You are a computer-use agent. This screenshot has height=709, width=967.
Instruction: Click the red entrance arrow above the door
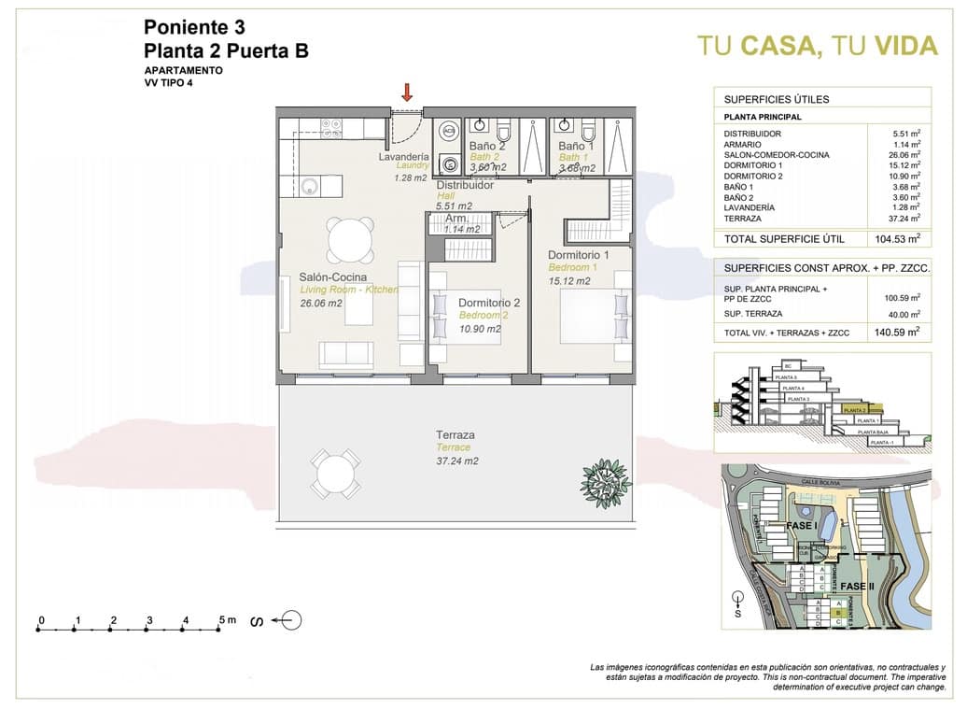(407, 92)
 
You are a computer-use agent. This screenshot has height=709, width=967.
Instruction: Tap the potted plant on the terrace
(606, 483)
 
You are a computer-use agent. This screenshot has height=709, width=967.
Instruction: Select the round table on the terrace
(334, 475)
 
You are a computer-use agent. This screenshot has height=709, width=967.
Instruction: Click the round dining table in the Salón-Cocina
(351, 240)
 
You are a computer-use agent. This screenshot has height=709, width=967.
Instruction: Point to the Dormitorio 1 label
(579, 255)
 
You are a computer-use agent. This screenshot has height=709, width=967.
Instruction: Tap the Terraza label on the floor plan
(455, 435)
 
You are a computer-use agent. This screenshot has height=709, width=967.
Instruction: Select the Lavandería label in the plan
(403, 157)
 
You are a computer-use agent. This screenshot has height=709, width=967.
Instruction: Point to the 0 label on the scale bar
(41, 620)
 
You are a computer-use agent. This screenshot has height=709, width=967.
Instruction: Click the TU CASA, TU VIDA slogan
(818, 46)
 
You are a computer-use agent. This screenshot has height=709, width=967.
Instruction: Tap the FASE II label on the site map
(856, 586)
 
